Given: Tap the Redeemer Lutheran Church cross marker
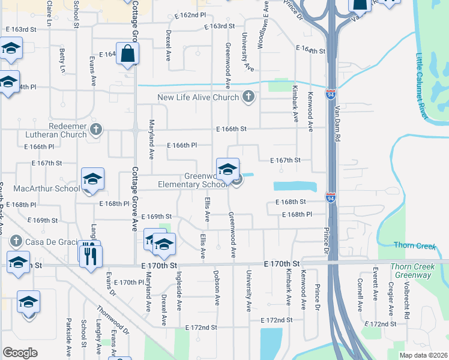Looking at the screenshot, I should pos(96,129).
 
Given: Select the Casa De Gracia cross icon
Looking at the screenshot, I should pos(16,242).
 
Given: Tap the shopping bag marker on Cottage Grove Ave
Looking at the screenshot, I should pos(128,54).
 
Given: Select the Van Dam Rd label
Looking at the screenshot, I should pos(338,123).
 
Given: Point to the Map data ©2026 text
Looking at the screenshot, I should pos(423,355).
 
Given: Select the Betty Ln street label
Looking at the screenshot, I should pos(62,62).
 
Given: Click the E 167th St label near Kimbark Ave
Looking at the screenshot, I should pos(285,160).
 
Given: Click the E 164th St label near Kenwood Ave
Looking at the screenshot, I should pos(310,50).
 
